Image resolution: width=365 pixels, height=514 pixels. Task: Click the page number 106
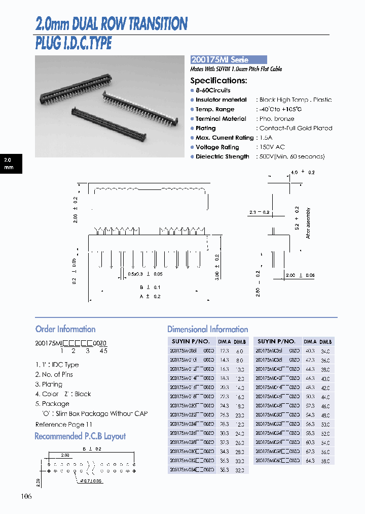click(x=26, y=496)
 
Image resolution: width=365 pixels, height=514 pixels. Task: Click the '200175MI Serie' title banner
click(x=228, y=59)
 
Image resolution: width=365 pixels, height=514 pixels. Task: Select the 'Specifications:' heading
click(x=218, y=80)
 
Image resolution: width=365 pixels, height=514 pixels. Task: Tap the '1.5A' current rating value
click(x=266, y=138)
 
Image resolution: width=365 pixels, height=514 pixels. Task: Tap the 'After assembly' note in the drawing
click(x=308, y=223)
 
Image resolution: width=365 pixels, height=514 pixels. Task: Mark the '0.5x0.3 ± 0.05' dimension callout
click(x=145, y=274)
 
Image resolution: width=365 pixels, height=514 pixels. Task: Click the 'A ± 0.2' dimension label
click(x=150, y=296)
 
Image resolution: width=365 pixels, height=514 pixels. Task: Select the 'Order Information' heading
click(x=65, y=329)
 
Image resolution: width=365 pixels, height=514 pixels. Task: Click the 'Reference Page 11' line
click(x=64, y=424)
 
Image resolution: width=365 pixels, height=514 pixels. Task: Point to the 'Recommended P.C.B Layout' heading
click(x=80, y=436)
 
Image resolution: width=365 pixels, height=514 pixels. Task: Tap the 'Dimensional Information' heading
click(x=207, y=329)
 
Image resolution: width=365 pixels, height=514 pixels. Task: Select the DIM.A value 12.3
click(x=224, y=351)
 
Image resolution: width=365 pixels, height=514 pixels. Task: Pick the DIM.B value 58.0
click(x=325, y=461)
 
